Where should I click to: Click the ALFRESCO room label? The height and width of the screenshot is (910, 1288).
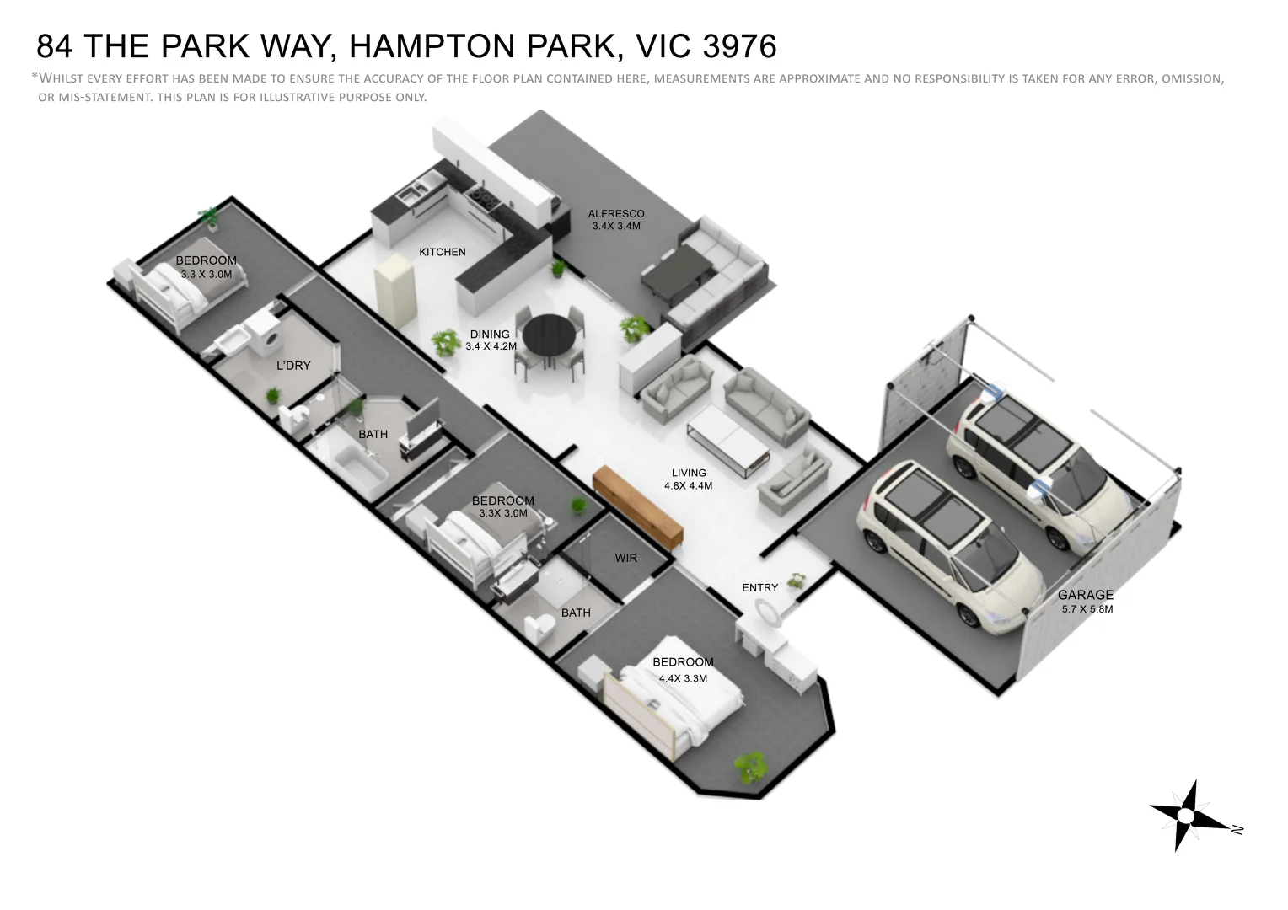[616, 214]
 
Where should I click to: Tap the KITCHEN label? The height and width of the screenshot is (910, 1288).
[443, 252]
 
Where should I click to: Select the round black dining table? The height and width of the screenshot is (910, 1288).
[550, 335]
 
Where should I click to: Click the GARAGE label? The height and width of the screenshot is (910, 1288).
[1086, 595]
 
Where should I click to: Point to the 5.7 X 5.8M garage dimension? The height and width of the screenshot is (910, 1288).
[1087, 609]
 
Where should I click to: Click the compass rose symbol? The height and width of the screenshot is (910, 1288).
[1187, 816]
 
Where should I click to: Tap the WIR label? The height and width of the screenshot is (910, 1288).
[626, 558]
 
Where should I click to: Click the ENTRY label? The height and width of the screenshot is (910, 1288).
[759, 588]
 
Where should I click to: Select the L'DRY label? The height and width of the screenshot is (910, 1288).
[293, 366]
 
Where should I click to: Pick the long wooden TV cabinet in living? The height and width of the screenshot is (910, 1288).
[638, 507]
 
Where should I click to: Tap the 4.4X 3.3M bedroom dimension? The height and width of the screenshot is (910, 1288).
[683, 678]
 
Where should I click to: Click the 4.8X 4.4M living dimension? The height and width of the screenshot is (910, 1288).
[689, 486]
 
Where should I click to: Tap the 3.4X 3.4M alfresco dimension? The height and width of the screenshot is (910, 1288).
[616, 227]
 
